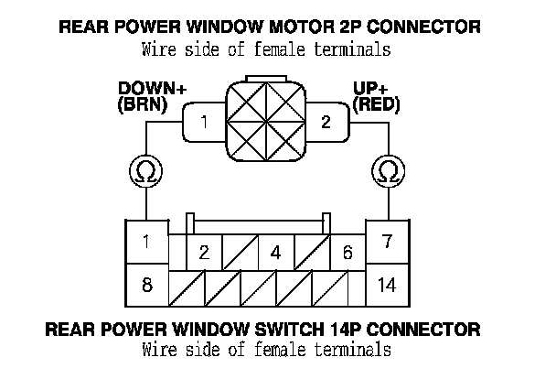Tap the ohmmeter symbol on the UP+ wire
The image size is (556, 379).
(x=388, y=170)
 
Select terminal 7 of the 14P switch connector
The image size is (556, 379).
(x=387, y=242)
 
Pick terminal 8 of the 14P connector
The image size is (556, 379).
(x=146, y=285)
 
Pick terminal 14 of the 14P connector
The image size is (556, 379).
(x=387, y=285)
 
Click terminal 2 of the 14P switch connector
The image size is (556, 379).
(x=204, y=253)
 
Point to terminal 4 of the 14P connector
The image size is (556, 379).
(x=275, y=253)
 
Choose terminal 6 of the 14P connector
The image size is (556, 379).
(x=347, y=253)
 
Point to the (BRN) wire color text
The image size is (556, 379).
(x=144, y=104)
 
